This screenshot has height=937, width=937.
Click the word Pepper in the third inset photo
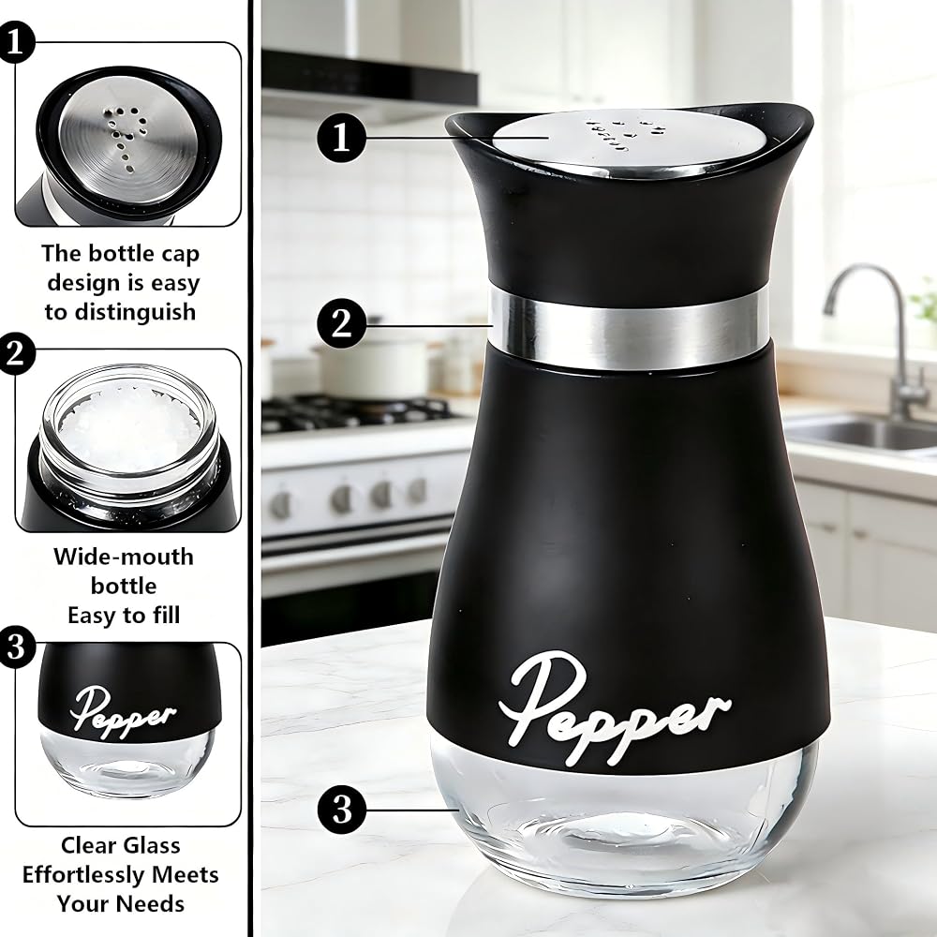pos(123,712)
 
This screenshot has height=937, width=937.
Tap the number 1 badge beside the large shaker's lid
pos(341,138)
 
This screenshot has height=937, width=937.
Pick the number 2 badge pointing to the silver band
pos(341,324)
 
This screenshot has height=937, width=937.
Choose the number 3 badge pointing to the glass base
pos(342,811)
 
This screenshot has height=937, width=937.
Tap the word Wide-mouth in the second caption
pos(124,557)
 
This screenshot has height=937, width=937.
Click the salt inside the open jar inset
pos(126,427)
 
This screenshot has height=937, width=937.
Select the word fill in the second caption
pos(166,616)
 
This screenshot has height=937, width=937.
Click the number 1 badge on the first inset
pos(15,42)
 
